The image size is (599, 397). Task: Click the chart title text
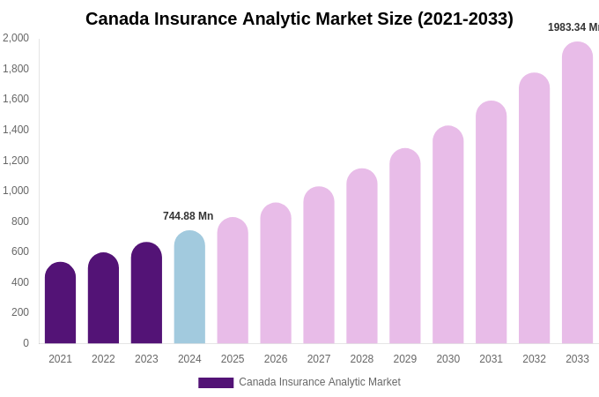click(299, 19)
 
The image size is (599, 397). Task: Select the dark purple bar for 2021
click(60, 303)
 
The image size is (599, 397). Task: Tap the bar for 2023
click(146, 294)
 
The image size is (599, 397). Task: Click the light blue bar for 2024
click(189, 288)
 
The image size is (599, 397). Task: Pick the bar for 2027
click(319, 266)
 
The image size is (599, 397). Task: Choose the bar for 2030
click(447, 236)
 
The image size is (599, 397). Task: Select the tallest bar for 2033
click(577, 193)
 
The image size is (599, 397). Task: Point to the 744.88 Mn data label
click(188, 216)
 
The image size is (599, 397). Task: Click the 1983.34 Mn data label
click(573, 27)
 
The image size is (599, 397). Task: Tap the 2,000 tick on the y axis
click(16, 38)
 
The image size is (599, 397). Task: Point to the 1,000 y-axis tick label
click(16, 191)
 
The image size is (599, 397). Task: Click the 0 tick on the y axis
click(26, 343)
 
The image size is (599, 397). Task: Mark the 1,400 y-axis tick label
click(16, 130)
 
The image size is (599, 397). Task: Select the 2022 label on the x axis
click(103, 359)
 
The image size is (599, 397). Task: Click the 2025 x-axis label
click(233, 359)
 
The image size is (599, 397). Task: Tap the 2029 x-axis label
click(405, 359)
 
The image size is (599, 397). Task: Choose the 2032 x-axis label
click(534, 359)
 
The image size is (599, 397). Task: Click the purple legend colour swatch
click(216, 383)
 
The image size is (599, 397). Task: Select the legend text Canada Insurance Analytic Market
click(319, 382)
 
